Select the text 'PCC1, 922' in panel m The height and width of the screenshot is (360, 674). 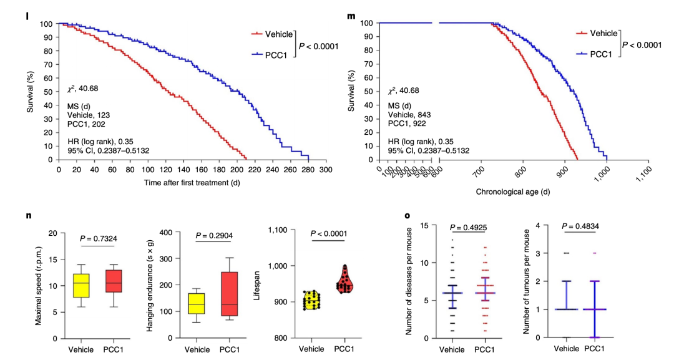pos(408,124)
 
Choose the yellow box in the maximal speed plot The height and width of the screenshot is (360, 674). pos(81,286)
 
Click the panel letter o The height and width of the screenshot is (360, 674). pos(408,216)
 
